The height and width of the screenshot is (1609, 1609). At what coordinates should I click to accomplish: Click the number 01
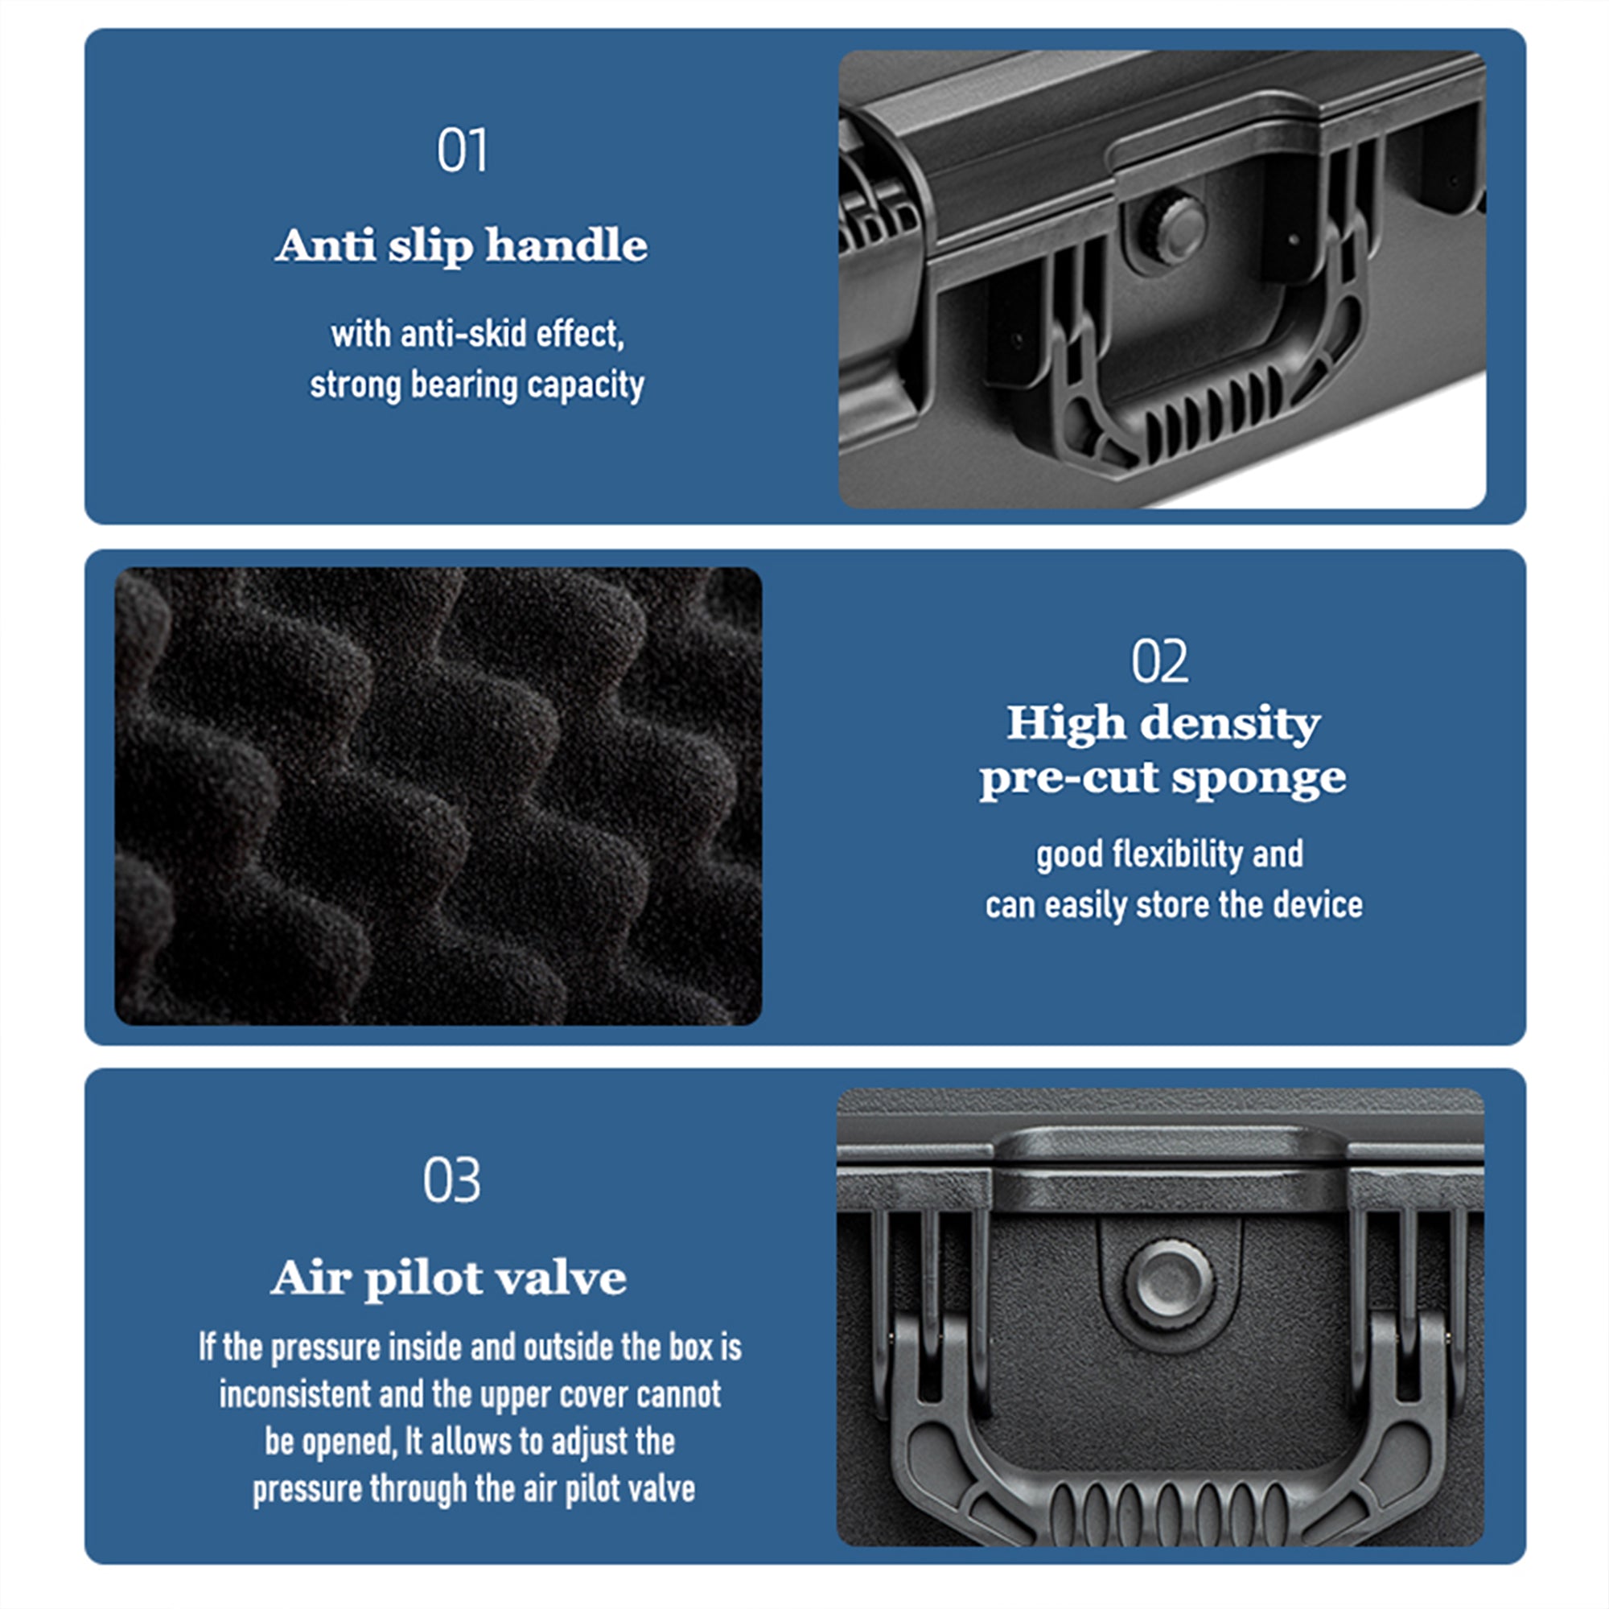(x=463, y=150)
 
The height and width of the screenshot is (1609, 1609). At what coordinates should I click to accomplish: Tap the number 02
(x=1159, y=661)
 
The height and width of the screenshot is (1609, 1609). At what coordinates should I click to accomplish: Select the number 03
(x=451, y=1180)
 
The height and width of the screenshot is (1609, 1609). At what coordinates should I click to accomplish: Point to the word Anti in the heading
(x=326, y=245)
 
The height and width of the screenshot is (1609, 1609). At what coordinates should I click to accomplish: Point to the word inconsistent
(x=294, y=1394)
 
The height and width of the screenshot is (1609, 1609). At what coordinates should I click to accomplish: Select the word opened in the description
(x=352, y=1442)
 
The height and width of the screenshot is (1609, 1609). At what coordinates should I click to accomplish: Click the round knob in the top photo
(x=1173, y=229)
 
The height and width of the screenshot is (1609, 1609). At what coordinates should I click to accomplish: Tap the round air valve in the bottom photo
(x=1168, y=1282)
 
